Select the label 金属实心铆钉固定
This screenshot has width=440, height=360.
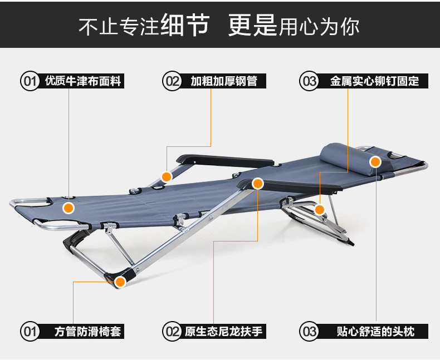(374, 81)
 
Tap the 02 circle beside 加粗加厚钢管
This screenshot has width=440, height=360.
(172, 81)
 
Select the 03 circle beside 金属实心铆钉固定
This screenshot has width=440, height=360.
(309, 81)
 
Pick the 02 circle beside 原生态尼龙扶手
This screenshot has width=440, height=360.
(172, 332)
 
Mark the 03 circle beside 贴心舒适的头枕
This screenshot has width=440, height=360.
(309, 332)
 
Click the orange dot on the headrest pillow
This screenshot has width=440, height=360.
(375, 161)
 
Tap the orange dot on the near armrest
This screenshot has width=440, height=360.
(257, 183)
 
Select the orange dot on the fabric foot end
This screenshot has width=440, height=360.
(69, 208)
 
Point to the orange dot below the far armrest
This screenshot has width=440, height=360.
(166, 177)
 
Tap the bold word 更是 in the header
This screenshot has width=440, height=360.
(252, 25)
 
